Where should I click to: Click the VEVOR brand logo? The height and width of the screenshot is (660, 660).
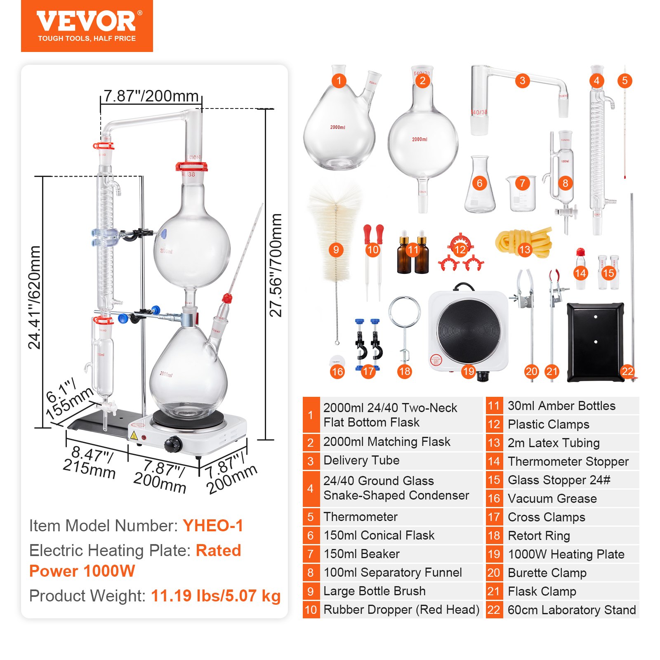[87, 21]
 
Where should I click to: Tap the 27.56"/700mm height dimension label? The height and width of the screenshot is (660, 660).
[276, 265]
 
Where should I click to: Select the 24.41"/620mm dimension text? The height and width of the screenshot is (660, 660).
[35, 297]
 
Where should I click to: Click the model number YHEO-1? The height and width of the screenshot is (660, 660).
[213, 526]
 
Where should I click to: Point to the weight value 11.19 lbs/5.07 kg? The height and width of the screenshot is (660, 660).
[216, 596]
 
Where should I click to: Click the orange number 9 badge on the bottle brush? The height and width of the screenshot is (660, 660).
[336, 250]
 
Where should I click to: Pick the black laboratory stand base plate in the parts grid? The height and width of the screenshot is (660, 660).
[595, 342]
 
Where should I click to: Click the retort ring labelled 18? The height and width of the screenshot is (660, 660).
[404, 326]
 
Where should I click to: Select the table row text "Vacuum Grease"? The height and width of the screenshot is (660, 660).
[552, 498]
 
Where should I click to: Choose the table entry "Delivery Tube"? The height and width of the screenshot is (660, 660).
[361, 460]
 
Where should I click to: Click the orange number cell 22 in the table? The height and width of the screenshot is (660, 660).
[494, 610]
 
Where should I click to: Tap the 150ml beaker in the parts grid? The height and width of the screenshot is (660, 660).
[521, 194]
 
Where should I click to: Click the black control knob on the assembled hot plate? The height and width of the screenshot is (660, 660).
[173, 444]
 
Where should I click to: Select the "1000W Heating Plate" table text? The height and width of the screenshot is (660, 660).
[566, 554]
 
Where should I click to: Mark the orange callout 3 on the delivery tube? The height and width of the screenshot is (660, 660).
[522, 80]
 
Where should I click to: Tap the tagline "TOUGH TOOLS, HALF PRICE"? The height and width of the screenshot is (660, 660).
[87, 38]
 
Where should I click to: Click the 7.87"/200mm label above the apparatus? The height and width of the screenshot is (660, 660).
[151, 96]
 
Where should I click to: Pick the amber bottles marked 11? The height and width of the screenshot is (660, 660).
[413, 256]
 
